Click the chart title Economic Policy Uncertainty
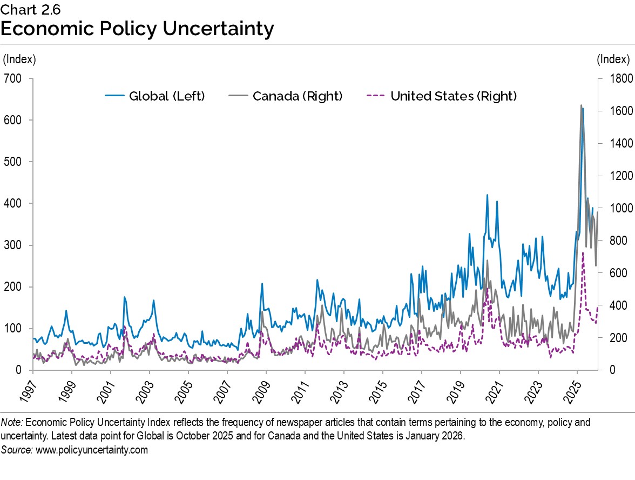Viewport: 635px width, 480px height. coord(137,29)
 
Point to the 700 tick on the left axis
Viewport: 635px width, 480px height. coord(13,78)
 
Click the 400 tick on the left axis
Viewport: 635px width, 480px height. coord(13,203)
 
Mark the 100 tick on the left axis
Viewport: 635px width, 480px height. coord(13,329)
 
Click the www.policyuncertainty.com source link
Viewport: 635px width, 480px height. coord(91,450)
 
